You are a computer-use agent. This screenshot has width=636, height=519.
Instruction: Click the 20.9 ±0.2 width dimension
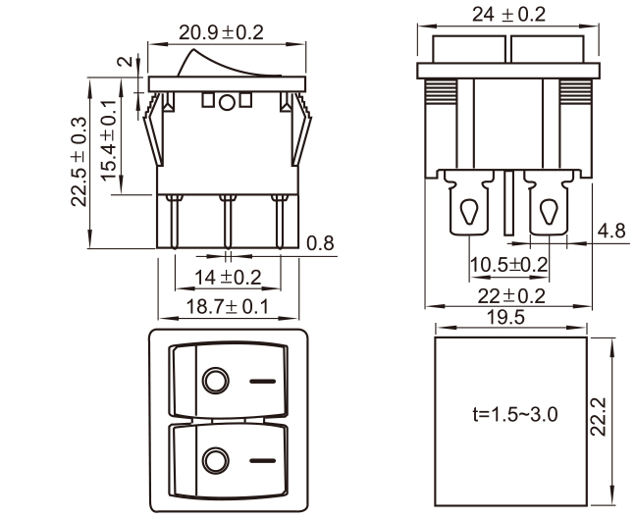[x=221, y=32]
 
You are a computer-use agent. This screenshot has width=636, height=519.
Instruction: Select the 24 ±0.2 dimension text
[x=508, y=15]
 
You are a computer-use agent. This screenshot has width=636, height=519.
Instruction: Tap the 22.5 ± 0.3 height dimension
[x=79, y=162]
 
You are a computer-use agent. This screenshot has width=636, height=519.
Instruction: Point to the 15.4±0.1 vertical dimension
[x=108, y=140]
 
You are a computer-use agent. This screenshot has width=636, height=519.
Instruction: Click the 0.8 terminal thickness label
[x=320, y=243]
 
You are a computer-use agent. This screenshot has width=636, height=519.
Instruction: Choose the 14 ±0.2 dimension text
[x=228, y=278]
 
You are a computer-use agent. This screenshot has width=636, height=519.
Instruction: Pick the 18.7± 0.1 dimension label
[x=227, y=307]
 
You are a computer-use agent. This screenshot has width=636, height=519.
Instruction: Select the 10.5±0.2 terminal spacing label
[x=508, y=265]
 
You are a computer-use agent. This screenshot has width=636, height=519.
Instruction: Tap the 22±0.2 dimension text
[x=511, y=296]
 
